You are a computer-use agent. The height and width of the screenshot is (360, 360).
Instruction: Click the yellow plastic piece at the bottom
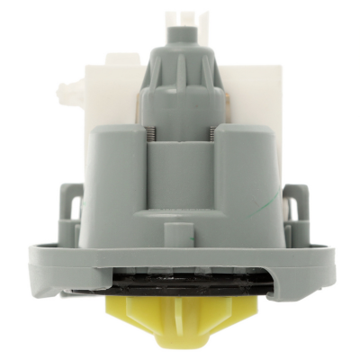click(x=179, y=319)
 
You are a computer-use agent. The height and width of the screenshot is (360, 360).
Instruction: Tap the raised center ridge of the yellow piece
click(x=179, y=324)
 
